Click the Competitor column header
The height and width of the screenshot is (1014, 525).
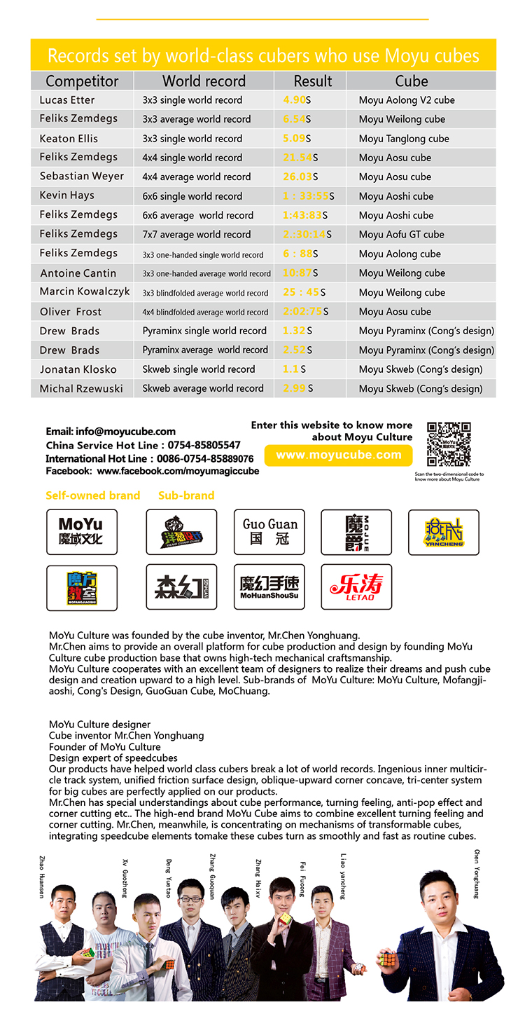tap(82, 81)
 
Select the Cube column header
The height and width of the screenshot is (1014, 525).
tap(411, 81)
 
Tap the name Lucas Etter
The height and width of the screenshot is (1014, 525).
tap(67, 100)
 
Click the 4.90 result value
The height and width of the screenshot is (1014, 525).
tap(294, 100)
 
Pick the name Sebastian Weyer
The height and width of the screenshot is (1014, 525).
tap(82, 177)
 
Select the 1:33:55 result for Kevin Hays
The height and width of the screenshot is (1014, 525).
tap(305, 196)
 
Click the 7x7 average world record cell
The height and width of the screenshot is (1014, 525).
tap(196, 235)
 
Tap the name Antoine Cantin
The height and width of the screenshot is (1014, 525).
tap(78, 273)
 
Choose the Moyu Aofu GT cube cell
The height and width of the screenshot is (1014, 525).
tap(401, 235)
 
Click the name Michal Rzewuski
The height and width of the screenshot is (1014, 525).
tap(81, 388)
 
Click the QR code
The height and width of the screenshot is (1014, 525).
tap(449, 444)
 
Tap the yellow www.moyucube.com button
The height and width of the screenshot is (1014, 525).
tap(339, 455)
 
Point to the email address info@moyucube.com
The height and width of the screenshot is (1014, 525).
tap(111, 432)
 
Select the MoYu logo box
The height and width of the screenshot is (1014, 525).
tap(81, 533)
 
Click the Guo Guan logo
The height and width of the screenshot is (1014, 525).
tap(269, 533)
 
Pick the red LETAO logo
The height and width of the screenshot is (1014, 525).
tap(356, 587)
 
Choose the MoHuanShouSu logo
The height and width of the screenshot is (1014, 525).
tap(269, 587)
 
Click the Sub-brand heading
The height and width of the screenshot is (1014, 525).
tap(186, 495)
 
